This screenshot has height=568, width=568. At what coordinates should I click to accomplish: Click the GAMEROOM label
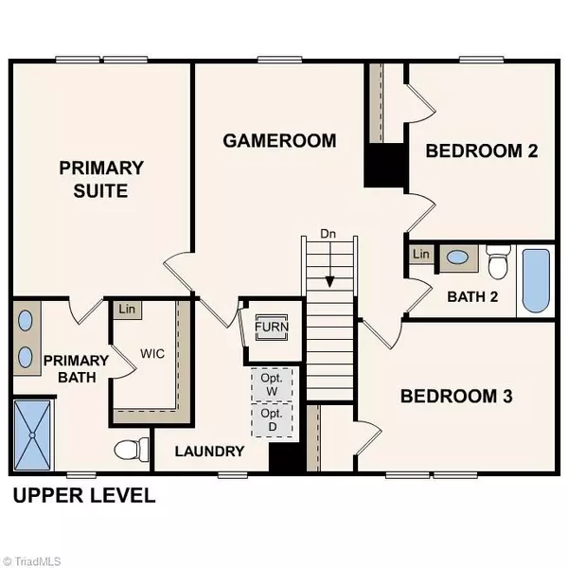[279, 141]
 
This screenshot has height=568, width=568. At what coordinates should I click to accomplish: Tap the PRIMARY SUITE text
[101, 180]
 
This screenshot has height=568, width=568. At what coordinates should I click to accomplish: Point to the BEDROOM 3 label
[456, 396]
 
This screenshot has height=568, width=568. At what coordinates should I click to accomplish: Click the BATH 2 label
[471, 295]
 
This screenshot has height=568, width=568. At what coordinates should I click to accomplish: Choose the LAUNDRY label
[210, 452]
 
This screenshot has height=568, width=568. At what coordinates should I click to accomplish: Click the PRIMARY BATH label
[71, 367]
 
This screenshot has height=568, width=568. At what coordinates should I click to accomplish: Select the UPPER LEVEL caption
[82, 496]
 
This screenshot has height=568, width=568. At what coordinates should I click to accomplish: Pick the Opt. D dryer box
[272, 420]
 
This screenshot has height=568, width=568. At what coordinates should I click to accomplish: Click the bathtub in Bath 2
[536, 279]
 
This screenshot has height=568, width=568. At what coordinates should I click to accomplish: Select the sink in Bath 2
[456, 256]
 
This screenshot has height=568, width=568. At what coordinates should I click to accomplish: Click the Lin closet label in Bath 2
[421, 256]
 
